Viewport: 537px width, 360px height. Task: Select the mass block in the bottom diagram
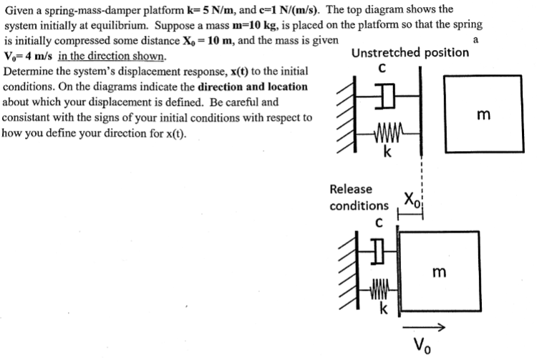click(x=438, y=271)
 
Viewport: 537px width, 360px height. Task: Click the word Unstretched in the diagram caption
click(x=387, y=53)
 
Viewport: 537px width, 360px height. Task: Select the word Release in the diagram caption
click(x=351, y=190)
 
